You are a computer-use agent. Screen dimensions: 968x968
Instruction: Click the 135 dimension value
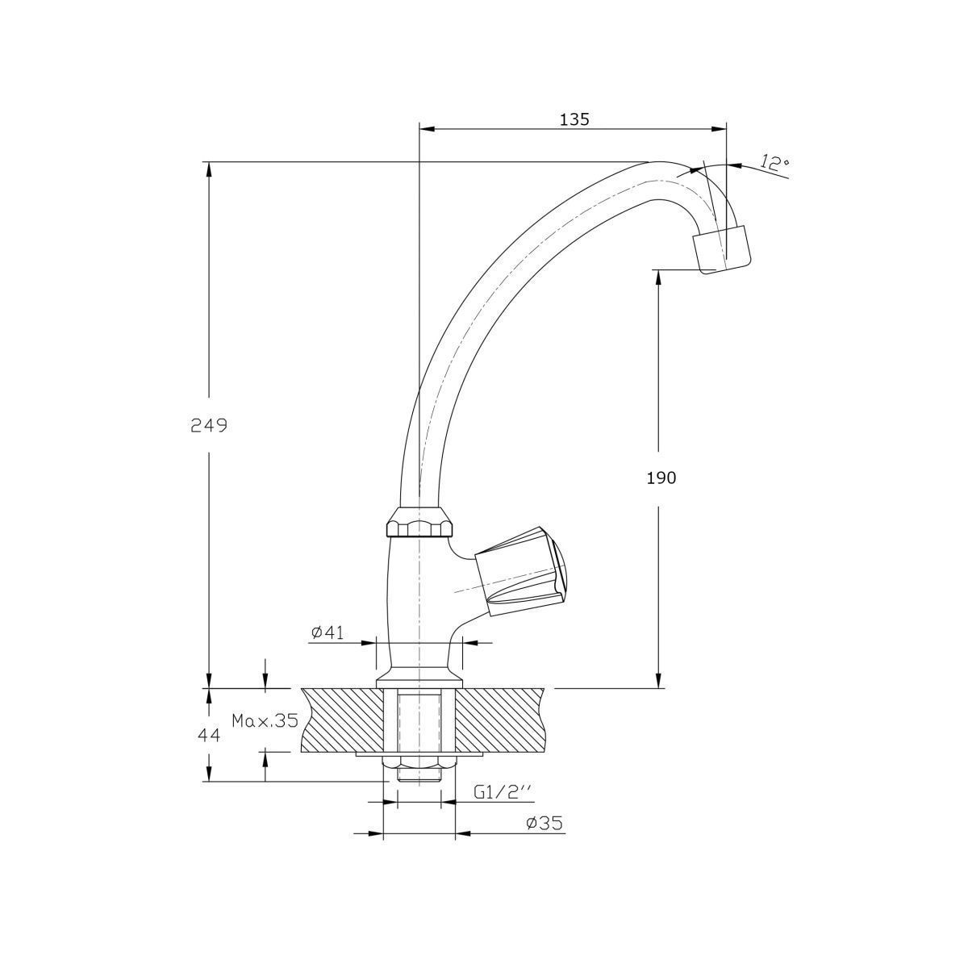[574, 119]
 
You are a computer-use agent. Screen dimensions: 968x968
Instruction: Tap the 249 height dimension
[209, 425]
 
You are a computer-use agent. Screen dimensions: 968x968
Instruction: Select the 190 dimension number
[661, 478]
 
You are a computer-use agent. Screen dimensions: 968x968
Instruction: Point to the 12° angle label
[774, 163]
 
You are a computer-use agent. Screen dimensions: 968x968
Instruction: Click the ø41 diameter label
[328, 632]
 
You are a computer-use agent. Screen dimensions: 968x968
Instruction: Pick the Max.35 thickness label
[265, 721]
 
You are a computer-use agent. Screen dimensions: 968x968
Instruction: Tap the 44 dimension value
[209, 736]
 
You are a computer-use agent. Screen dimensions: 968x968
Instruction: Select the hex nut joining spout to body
[419, 523]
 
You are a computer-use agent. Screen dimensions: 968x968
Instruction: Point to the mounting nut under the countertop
[419, 777]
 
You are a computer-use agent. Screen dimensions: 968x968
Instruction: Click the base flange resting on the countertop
[419, 680]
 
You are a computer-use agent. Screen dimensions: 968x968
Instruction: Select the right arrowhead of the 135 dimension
[719, 130]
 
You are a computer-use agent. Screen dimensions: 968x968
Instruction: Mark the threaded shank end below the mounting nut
[419, 790]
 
